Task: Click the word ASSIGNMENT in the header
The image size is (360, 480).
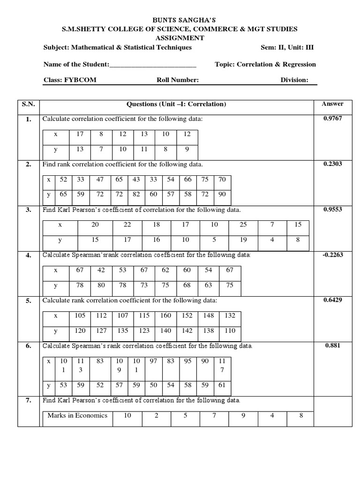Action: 180,38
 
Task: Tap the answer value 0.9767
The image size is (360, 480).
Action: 333,119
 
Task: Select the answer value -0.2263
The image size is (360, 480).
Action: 333,255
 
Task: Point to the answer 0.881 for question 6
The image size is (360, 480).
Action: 333,346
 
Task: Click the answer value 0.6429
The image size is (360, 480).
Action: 333,300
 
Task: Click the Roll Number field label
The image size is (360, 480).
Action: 178,80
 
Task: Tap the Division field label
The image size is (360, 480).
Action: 294,80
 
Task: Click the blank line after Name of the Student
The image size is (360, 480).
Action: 153,65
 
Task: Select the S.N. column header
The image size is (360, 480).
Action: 29,105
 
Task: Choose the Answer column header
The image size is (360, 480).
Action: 333,104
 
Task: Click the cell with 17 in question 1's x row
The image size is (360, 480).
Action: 80,134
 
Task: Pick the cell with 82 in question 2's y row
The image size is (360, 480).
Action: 136,194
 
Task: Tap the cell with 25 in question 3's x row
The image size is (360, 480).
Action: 243,225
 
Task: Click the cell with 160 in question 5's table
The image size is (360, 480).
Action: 166,316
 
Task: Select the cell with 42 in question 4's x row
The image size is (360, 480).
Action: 101,270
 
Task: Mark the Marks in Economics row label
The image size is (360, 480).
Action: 77,415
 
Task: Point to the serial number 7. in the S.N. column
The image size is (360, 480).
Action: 29,401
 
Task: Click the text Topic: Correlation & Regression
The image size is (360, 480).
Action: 265,65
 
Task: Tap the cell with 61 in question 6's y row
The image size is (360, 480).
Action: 222,385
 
